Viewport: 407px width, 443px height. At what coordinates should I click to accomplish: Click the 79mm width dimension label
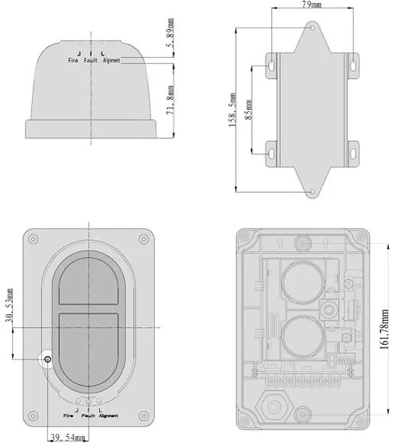pyautogui.click(x=312, y=5)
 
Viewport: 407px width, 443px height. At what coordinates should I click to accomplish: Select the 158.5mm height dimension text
pyautogui.click(x=232, y=110)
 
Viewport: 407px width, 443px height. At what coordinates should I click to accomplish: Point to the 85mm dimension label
pyautogui.click(x=248, y=110)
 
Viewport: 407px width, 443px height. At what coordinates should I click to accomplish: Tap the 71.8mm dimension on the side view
pyautogui.click(x=170, y=100)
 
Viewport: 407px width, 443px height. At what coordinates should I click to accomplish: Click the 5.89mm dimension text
pyautogui.click(x=171, y=33)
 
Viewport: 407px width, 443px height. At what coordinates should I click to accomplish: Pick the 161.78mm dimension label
pyautogui.click(x=384, y=329)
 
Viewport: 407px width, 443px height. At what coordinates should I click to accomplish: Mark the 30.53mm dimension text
pyautogui.click(x=9, y=305)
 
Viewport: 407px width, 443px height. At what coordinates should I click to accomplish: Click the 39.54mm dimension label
pyautogui.click(x=68, y=438)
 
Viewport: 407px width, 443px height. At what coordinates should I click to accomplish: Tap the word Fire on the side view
pyautogui.click(x=73, y=60)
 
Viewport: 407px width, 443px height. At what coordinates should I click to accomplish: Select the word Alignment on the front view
pyautogui.click(x=108, y=416)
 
